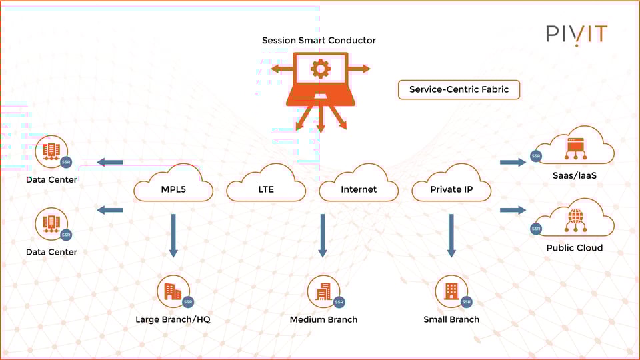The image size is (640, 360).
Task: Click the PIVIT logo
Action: click(577, 35)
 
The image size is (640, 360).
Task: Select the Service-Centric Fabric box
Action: click(459, 89)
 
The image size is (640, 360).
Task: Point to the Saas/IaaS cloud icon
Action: click(575, 148)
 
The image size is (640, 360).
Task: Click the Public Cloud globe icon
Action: click(575, 219)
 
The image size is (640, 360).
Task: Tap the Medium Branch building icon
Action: click(323, 291)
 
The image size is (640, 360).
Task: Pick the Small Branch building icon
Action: click(451, 291)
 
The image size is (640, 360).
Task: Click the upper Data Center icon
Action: click(51, 152)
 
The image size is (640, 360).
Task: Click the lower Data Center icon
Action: click(51, 224)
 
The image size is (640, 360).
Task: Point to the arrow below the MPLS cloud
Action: click(173, 235)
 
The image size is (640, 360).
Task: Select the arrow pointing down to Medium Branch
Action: click(323, 235)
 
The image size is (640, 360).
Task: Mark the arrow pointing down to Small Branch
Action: click(451, 235)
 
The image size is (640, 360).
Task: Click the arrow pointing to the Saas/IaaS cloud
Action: click(513, 162)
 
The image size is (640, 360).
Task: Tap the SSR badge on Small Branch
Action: click(466, 302)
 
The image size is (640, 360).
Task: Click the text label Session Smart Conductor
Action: click(319, 41)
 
